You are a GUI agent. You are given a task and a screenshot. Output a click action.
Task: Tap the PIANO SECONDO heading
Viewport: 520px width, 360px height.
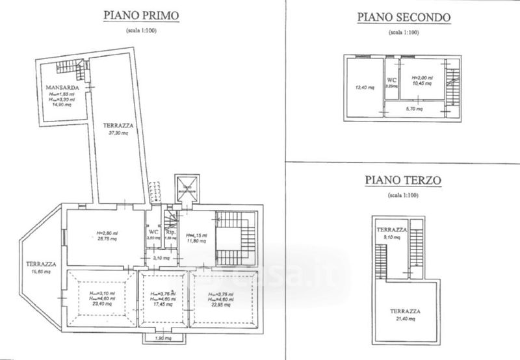pyautogui.click(x=403, y=18)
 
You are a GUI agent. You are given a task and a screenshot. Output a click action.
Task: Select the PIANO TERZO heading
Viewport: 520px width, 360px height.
pyautogui.click(x=403, y=179)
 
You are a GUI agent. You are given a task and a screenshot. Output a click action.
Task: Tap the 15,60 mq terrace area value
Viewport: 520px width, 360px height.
pyautogui.click(x=40, y=272)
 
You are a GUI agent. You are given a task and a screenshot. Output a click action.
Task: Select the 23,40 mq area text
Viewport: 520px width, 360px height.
pyautogui.click(x=99, y=303)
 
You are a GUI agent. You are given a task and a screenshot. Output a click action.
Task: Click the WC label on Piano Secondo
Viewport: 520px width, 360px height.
pyautogui.click(x=391, y=78)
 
